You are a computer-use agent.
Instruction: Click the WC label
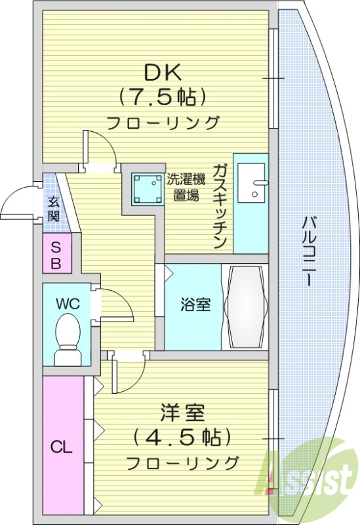[66, 304]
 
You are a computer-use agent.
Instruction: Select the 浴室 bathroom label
[195, 304]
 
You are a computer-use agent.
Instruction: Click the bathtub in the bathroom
[245, 306]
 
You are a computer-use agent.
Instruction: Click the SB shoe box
[56, 256]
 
